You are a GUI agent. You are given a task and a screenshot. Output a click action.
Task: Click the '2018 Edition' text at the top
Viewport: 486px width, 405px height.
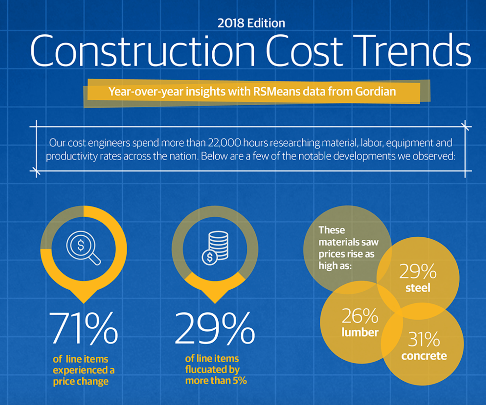coord(251,23)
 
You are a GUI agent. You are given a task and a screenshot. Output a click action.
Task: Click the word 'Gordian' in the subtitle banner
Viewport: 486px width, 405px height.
coord(375,91)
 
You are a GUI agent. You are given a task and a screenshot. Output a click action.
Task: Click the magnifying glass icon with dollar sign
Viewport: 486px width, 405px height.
coord(83,247)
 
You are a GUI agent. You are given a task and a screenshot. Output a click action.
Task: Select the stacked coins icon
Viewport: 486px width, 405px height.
coord(215,247)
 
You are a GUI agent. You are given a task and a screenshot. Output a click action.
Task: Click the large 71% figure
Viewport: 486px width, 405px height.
coord(83,328)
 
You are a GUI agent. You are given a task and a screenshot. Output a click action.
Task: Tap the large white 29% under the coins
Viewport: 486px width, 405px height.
coord(215,328)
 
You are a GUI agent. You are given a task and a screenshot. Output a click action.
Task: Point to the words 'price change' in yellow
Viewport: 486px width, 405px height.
coord(81,381)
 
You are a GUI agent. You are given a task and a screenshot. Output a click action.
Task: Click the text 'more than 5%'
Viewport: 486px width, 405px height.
coord(216,381)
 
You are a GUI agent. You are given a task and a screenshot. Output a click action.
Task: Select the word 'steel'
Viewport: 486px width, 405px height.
coord(418,288)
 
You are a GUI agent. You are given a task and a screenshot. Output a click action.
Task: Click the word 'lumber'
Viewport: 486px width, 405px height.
coord(360,332)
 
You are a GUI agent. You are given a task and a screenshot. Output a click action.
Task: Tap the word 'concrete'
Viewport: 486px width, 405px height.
coord(424,356)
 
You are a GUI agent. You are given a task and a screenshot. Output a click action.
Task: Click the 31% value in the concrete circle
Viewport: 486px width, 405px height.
coord(424,339)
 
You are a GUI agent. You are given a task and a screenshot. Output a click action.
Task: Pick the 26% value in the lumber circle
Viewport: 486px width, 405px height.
coord(360,316)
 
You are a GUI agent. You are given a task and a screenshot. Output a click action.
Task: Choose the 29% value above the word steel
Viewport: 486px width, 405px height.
coord(418,271)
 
